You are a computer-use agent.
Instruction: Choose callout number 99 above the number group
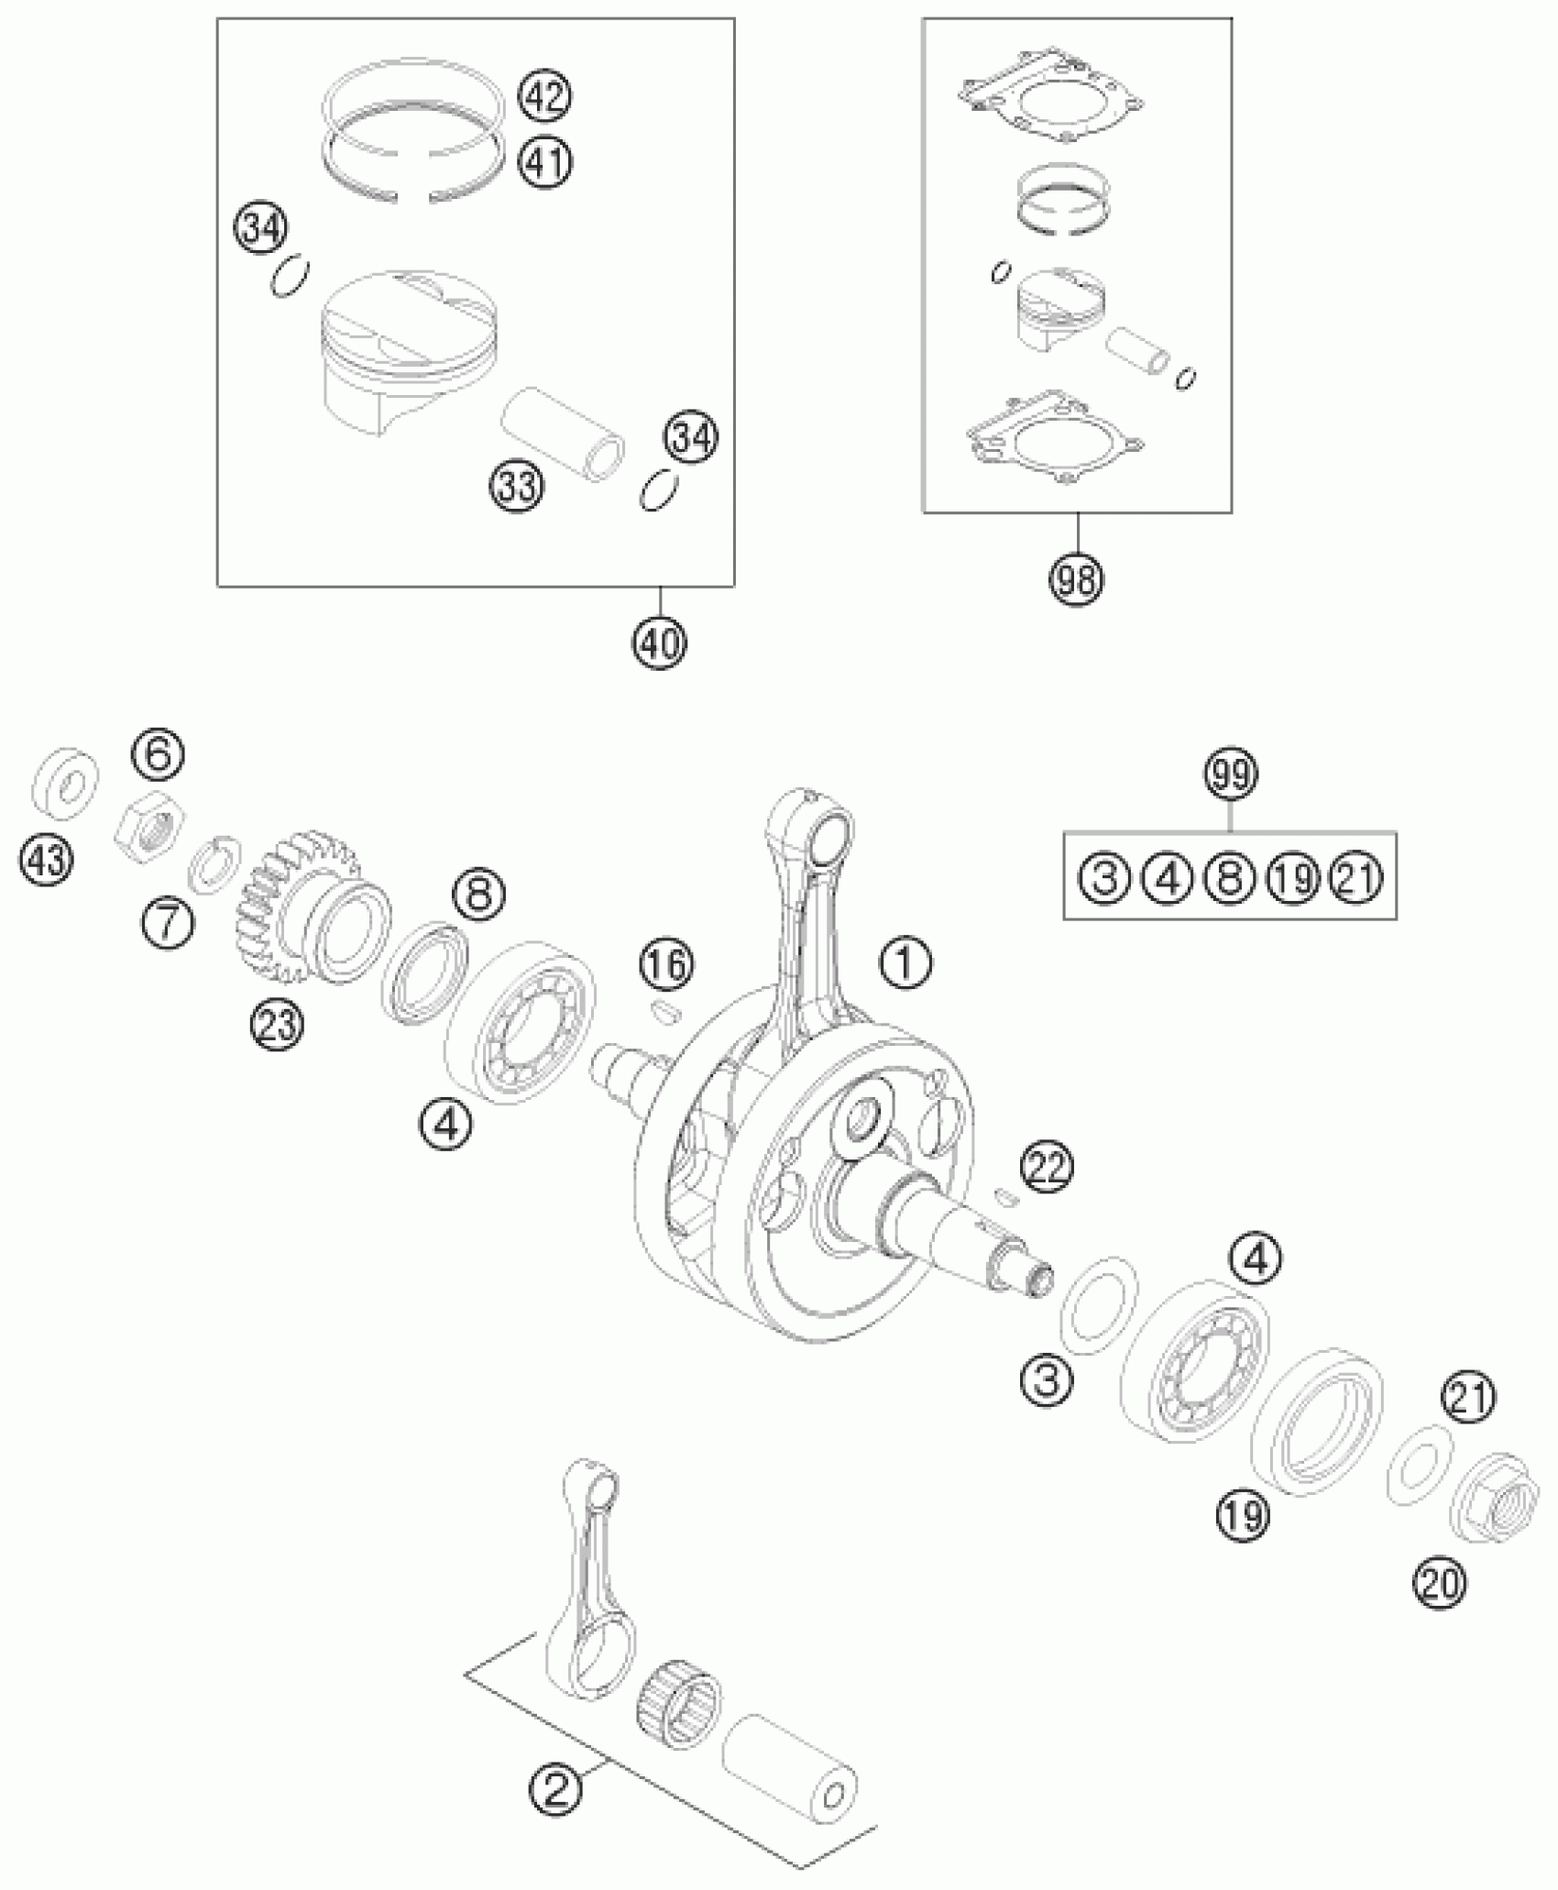pyautogui.click(x=1231, y=774)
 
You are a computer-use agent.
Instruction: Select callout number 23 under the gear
pyautogui.click(x=277, y=1025)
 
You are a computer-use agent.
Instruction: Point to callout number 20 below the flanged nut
pyautogui.click(x=1439, y=1583)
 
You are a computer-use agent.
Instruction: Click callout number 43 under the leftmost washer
pyautogui.click(x=48, y=863)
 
